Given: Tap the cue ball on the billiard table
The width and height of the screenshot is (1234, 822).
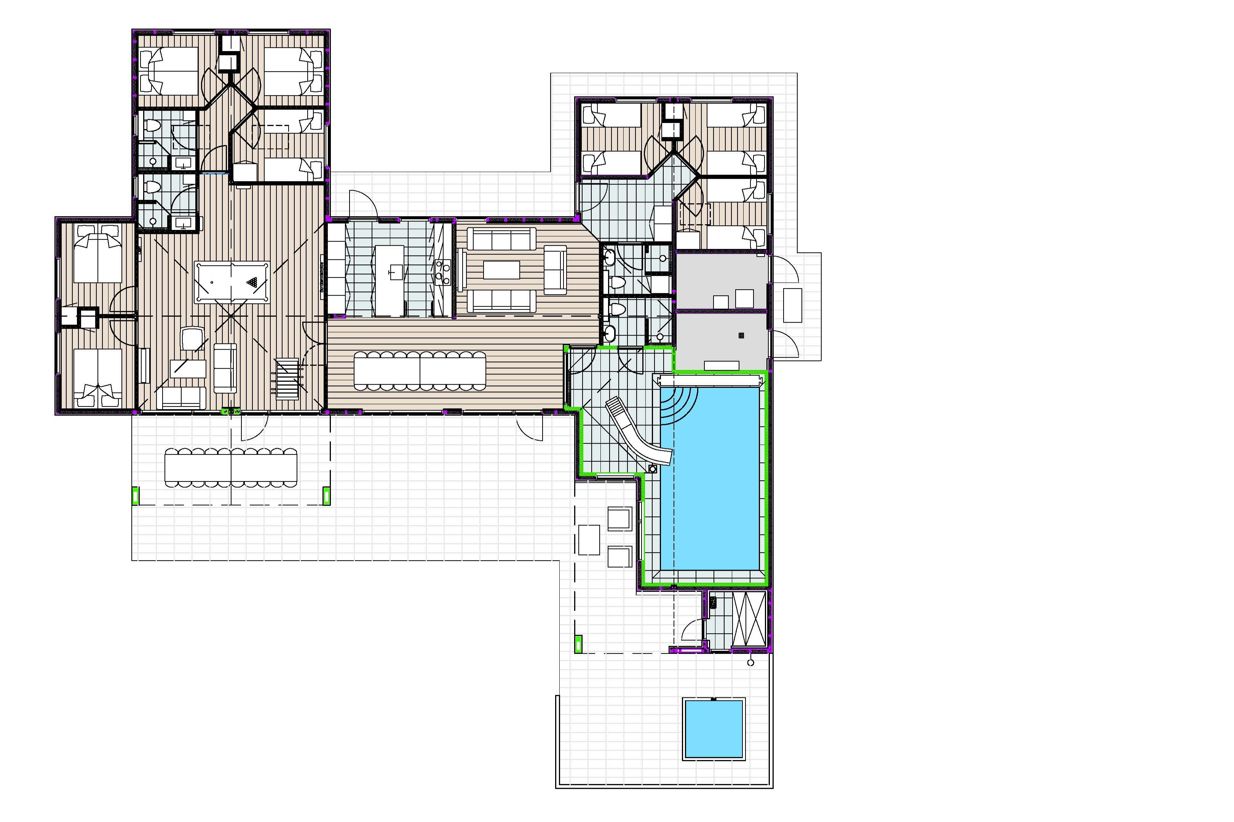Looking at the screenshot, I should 212,282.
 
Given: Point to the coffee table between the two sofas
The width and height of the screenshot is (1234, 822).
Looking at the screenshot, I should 501,270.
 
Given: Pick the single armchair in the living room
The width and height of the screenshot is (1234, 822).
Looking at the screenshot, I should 556,269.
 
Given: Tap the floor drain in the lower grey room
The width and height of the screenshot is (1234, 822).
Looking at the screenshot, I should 741,336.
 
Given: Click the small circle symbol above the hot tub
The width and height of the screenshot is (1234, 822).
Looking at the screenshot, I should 750,663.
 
